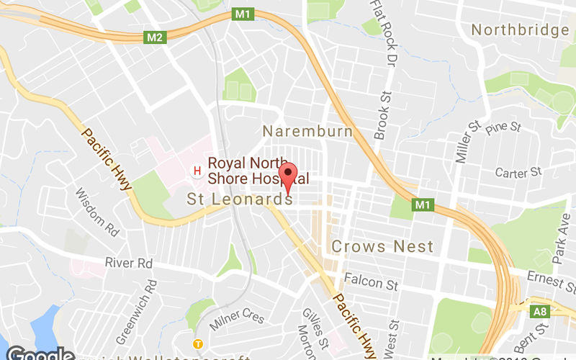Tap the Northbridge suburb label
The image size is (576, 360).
519,30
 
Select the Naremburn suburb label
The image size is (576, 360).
307,132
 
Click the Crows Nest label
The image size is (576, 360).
382,246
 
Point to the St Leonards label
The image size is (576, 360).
240,199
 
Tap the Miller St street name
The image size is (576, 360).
463,142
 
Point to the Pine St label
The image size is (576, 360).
503,129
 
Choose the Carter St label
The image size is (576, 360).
518,172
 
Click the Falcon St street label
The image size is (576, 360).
371,284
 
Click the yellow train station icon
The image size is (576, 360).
197,343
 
